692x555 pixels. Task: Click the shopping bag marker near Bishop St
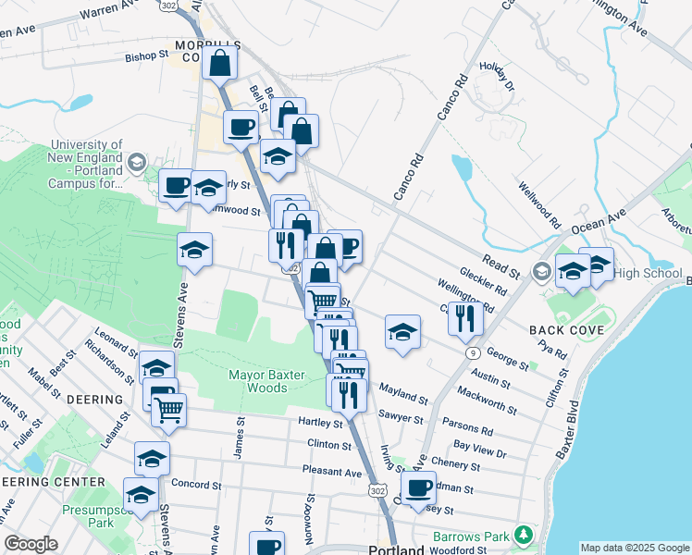coord(220,64)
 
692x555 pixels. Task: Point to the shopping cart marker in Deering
coord(168,409)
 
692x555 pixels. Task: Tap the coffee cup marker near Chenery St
coord(418,487)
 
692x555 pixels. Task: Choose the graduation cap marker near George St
coord(402,333)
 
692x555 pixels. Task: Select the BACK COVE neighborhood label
coord(566,330)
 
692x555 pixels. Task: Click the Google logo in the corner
coord(31,544)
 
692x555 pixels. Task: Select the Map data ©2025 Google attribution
coord(635,548)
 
